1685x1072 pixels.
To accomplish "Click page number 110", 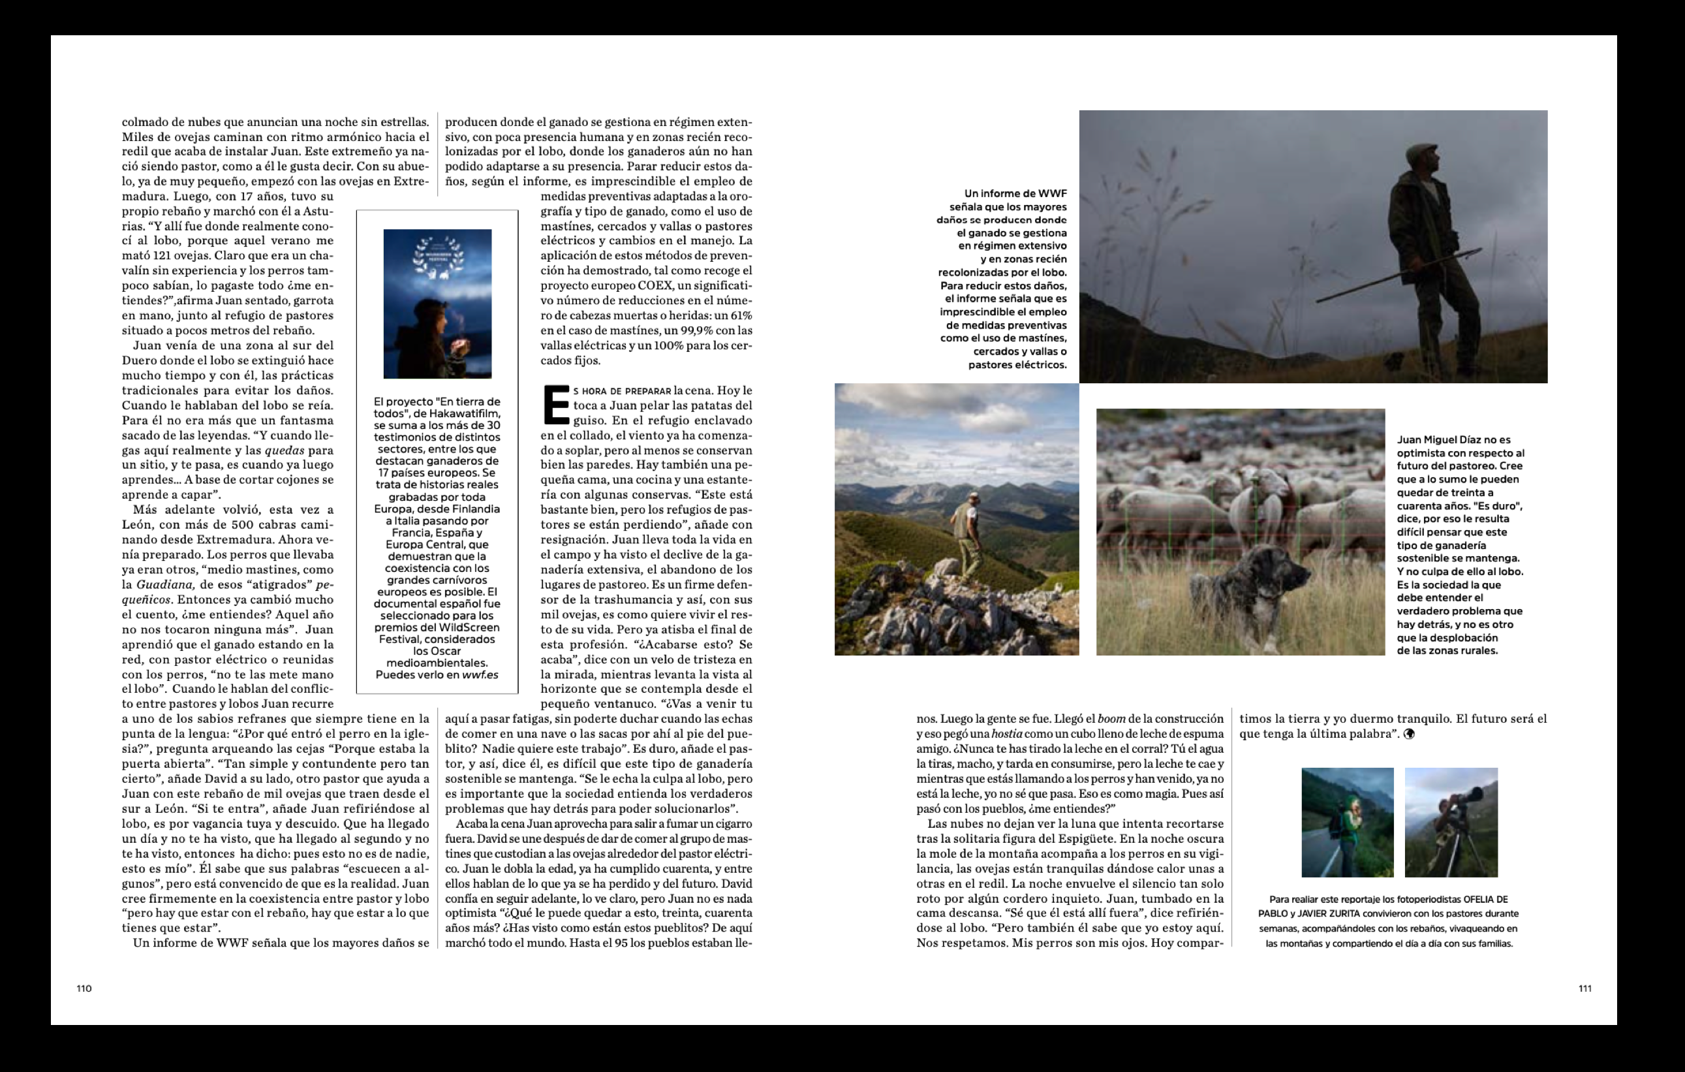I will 84,988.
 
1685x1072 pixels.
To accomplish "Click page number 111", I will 1585,988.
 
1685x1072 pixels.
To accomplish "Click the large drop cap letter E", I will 555,405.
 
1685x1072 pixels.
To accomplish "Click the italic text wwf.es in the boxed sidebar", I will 480,675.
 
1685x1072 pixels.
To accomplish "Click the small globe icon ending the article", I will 1408,734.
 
